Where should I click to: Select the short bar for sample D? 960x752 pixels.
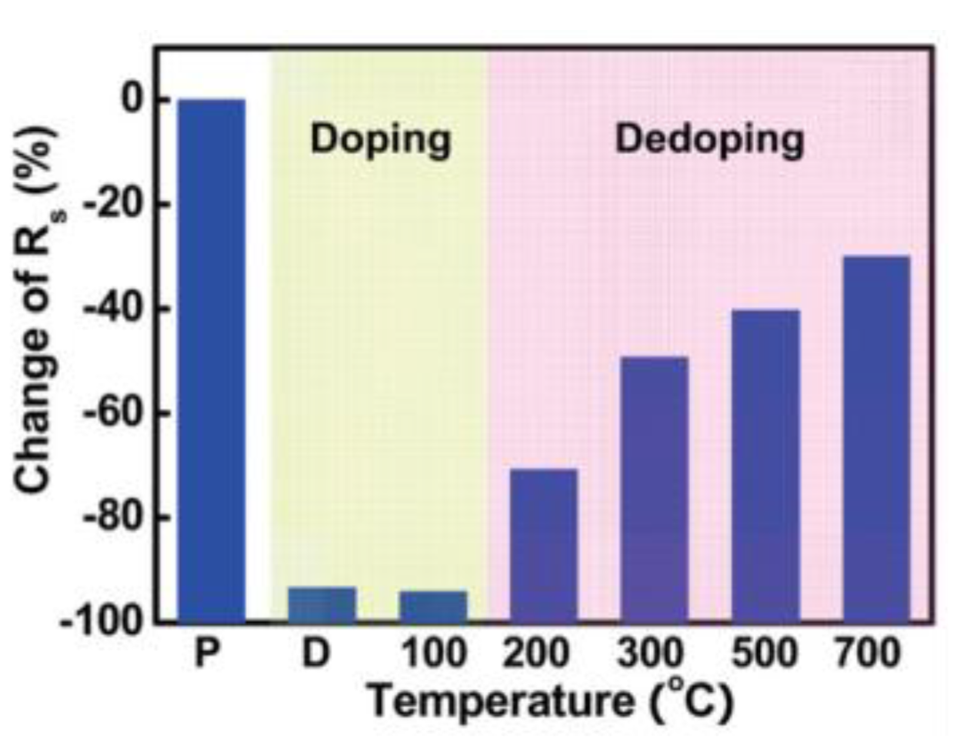322,604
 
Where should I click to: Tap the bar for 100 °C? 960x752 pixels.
433,606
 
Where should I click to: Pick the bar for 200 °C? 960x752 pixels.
543,545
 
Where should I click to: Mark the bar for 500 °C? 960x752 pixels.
766,465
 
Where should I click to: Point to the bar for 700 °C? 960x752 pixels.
876,439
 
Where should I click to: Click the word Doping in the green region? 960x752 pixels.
381,140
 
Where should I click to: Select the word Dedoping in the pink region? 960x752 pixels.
710,140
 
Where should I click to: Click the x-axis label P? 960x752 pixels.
206,654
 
